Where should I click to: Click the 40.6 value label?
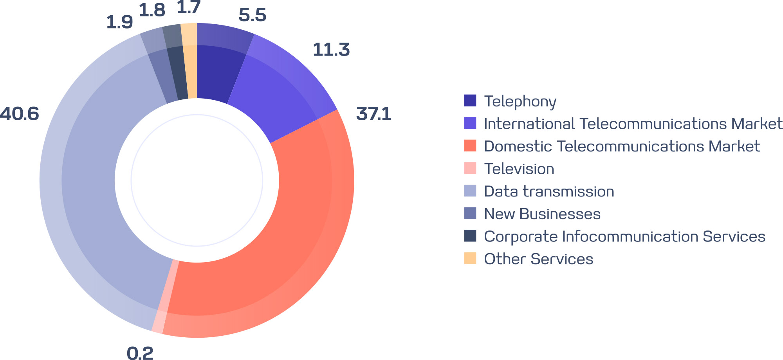pyautogui.click(x=20, y=114)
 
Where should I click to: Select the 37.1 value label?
pyautogui.click(x=373, y=114)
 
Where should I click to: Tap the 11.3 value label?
pyautogui.click(x=331, y=50)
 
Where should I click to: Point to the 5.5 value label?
pyautogui.click(x=252, y=15)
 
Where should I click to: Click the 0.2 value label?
pyautogui.click(x=140, y=353)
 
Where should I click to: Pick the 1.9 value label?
pyautogui.click(x=119, y=22)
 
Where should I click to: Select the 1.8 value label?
pyautogui.click(x=152, y=11)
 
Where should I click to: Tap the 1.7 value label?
pyautogui.click(x=189, y=7)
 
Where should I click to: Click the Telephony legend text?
pyautogui.click(x=520, y=101)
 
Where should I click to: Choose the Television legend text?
pyautogui.click(x=519, y=169)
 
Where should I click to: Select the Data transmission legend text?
pyautogui.click(x=549, y=191)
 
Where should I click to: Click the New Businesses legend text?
pyautogui.click(x=542, y=214)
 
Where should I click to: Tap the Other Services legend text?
pyautogui.click(x=538, y=259)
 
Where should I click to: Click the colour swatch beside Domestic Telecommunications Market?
pyautogui.click(x=470, y=146)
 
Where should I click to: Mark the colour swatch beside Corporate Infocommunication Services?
pyautogui.click(x=470, y=236)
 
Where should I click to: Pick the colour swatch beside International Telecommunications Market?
pyautogui.click(x=470, y=123)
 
